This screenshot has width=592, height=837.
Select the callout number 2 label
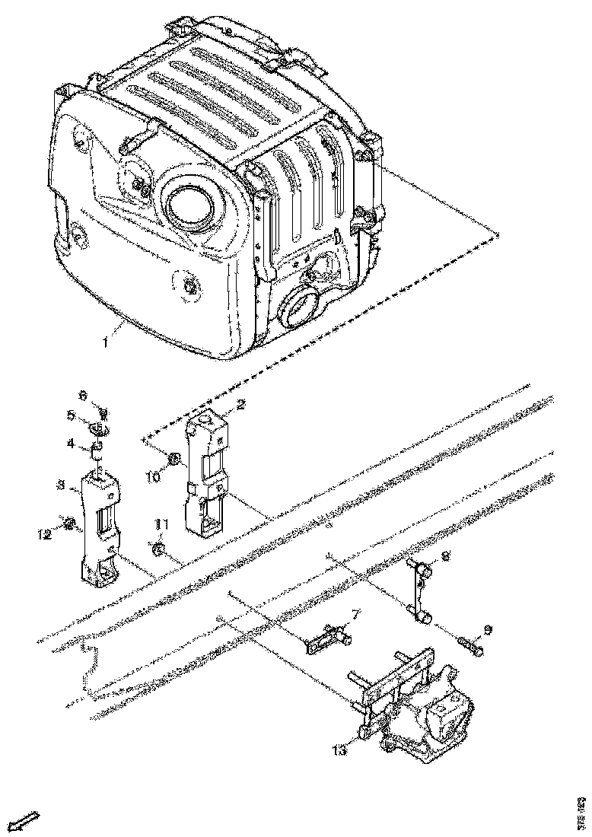[x=240, y=405]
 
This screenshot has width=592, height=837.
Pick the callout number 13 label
[x=339, y=750]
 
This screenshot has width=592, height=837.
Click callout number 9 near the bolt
[x=487, y=630]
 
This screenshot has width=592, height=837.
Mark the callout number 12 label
[x=46, y=534]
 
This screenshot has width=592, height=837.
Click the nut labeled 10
[x=173, y=459]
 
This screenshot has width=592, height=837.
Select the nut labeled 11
[x=158, y=549]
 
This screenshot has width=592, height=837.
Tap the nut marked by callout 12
[x=70, y=524]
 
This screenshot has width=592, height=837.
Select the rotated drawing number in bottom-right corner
[x=581, y=810]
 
